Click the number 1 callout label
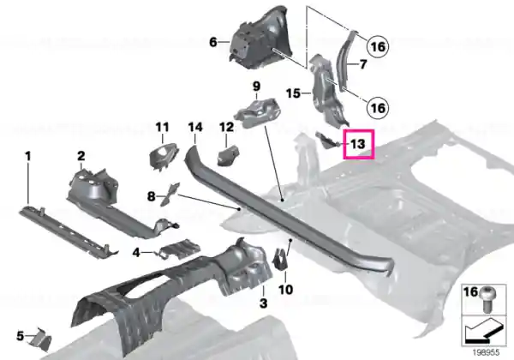pos(28,156)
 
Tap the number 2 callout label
pos(81,156)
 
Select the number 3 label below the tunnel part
pos(263,303)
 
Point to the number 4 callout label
pos(136,253)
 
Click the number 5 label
pos(21,336)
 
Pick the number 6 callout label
pos(213,42)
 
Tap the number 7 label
pos(363,64)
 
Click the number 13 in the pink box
pos(357,144)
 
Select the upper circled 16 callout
pos(378,46)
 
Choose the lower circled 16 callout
pos(378,107)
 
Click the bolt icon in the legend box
pos(489,299)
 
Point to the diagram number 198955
pos(486,352)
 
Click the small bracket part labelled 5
pos(40,339)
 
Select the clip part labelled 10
pos(281,259)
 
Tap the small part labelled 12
pos(228,156)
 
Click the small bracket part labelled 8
pos(170,194)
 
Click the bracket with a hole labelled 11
pos(164,156)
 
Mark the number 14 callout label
pos(195,127)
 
